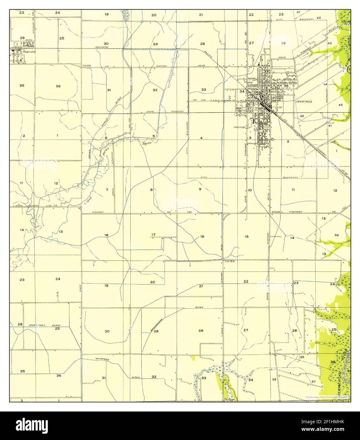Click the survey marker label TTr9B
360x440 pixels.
point(87,66)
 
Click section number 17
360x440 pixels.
point(153,235)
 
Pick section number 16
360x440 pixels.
point(202,236)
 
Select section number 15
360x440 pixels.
point(247,236)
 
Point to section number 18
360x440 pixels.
point(106,235)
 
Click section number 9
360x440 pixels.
point(200,189)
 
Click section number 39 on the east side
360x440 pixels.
point(337,235)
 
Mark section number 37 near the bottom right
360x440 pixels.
point(313,382)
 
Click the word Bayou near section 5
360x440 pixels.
point(146,143)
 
